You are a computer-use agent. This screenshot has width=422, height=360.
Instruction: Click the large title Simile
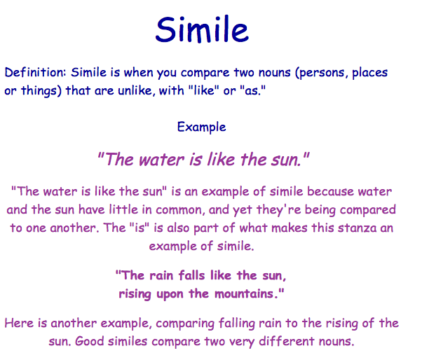(x=202, y=29)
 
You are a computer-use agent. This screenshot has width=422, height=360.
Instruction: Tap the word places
(x=370, y=73)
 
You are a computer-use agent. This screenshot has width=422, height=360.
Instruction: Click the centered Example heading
(x=202, y=127)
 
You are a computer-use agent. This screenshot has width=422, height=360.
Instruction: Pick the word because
(x=330, y=192)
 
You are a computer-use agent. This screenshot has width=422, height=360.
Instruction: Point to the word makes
(x=290, y=228)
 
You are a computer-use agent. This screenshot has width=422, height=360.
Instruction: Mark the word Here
(x=19, y=323)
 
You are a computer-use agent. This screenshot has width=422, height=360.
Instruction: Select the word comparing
(x=185, y=324)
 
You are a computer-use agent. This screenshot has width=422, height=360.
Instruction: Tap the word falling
(x=236, y=324)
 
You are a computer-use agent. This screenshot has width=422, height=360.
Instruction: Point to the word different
(x=287, y=342)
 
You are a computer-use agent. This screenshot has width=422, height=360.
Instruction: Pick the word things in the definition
(x=39, y=91)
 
